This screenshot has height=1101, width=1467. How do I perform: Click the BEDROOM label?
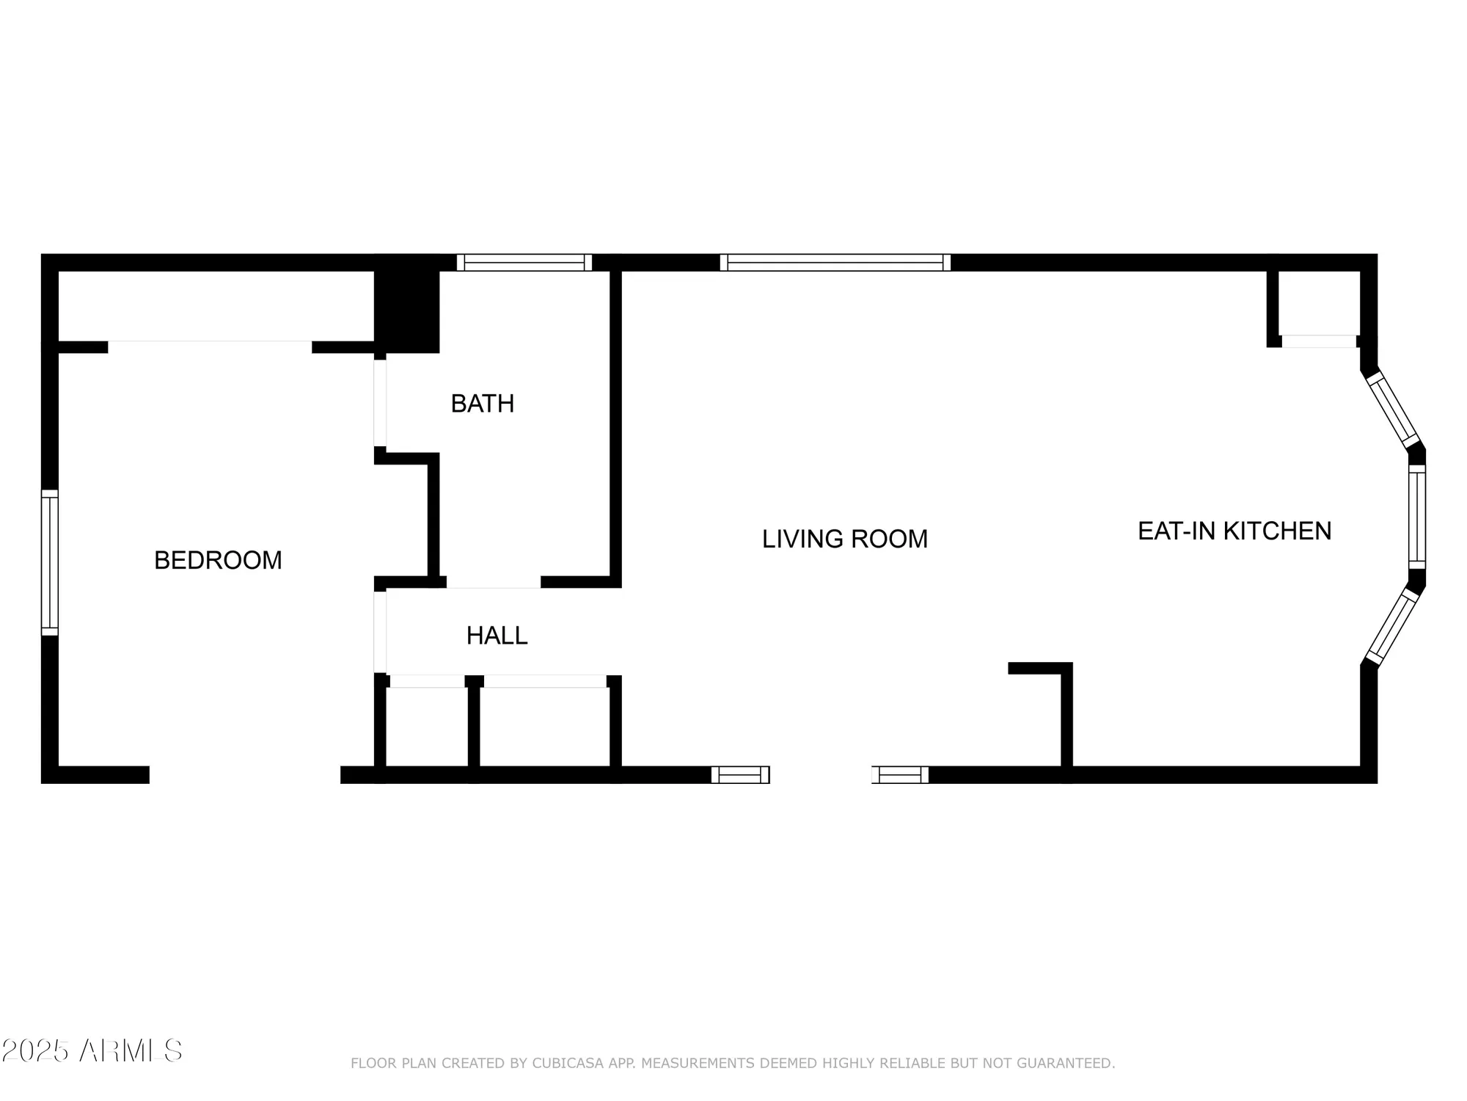(218, 560)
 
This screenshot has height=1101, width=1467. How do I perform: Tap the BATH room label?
(482, 403)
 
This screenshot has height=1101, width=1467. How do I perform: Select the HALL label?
(497, 635)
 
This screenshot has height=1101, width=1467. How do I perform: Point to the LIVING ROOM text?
(844, 539)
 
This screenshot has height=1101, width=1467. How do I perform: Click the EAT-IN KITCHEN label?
(1234, 531)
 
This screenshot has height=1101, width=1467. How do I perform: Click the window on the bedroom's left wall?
(49, 562)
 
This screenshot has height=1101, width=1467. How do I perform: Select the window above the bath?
(524, 263)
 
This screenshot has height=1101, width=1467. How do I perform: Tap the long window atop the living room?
(835, 263)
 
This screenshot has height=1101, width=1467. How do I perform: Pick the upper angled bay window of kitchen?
(1393, 410)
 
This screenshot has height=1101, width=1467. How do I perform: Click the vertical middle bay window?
(1416, 517)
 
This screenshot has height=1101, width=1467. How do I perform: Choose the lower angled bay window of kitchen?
(1391, 627)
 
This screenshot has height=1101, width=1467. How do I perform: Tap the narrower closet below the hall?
(427, 727)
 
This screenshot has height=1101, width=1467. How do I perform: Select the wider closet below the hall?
(544, 727)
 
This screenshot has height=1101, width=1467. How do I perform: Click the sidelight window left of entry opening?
(740, 774)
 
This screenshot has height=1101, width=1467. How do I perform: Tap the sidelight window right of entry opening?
(900, 774)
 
